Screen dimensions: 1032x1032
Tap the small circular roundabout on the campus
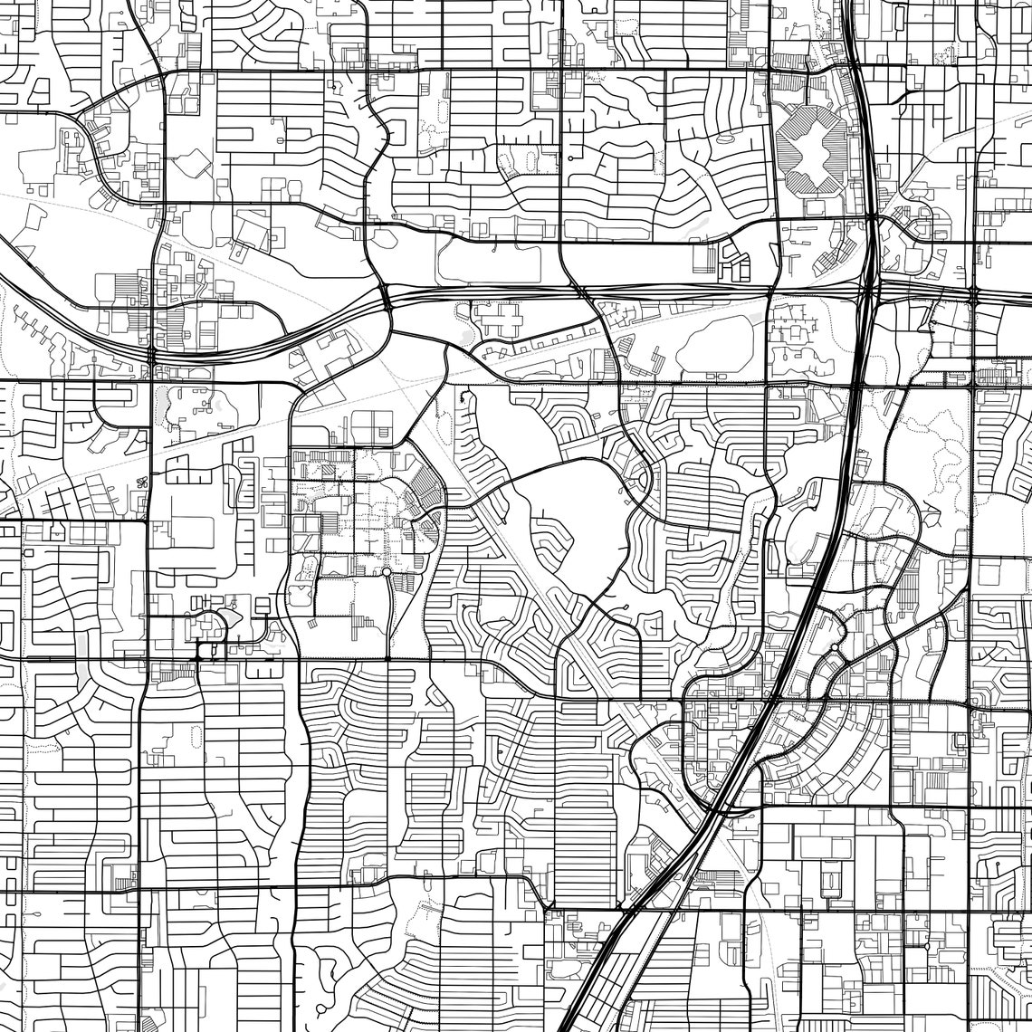387,572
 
